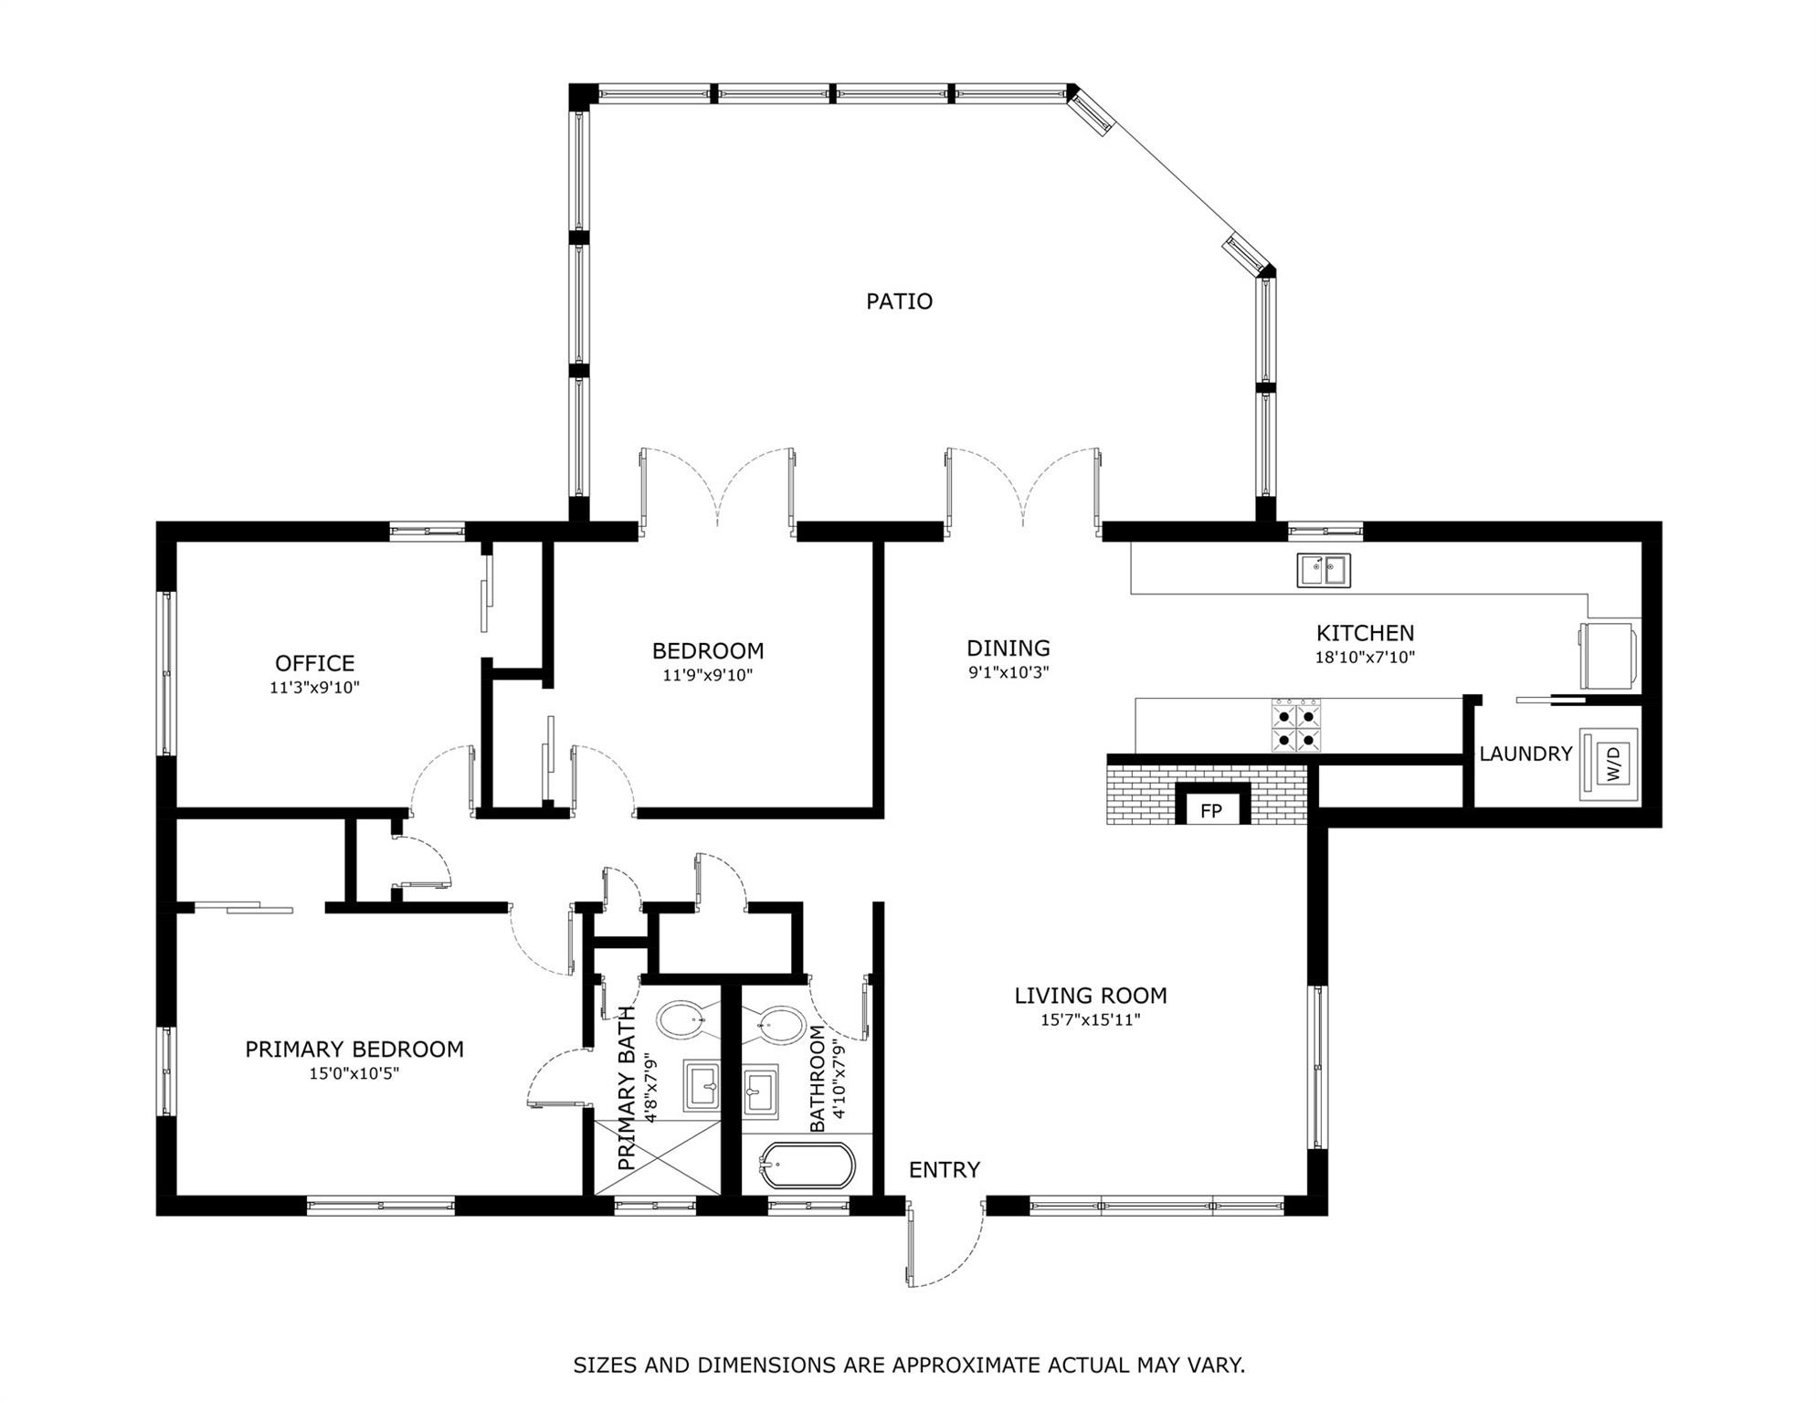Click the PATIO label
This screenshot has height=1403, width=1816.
tap(899, 301)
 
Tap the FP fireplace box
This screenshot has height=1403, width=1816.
tap(1211, 810)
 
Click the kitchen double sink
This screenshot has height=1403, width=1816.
tap(1324, 571)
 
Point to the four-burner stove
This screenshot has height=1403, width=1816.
tap(1295, 726)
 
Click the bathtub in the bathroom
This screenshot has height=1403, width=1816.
tap(808, 1166)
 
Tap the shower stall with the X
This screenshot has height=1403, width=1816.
tap(658, 1156)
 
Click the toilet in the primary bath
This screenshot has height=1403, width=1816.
tap(681, 1020)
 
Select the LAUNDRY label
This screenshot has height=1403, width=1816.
tap(1526, 754)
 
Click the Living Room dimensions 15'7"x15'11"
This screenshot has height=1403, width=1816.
tap(1090, 1020)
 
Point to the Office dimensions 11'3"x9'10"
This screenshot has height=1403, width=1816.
tap(314, 688)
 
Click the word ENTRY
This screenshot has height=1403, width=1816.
tap(944, 1170)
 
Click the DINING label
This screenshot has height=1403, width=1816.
tap(1008, 649)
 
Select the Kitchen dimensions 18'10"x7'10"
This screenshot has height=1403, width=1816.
tap(1365, 658)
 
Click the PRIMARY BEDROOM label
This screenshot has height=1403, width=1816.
tap(354, 1050)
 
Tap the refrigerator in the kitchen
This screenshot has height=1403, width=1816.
tap(1610, 656)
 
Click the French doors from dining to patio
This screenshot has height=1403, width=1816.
tap(1023, 489)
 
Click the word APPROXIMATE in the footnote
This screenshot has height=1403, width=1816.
tap(966, 1366)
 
